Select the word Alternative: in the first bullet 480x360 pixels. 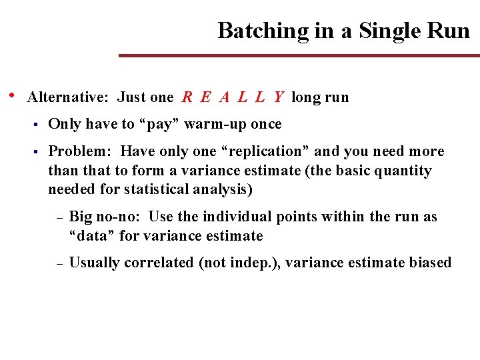[x=67, y=97]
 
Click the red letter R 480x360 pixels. [x=187, y=97]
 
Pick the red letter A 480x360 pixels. [x=225, y=97]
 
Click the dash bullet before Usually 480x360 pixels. [x=59, y=263]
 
